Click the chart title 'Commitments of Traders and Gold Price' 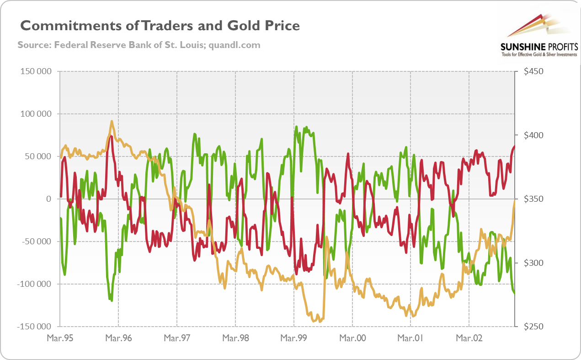[160, 26]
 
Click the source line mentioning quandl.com [139, 45]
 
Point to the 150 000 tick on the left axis [34, 71]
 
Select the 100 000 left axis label [34, 114]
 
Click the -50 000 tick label [34, 242]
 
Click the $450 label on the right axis [533, 71]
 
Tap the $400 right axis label [533, 135]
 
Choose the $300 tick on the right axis [533, 263]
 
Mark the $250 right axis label [533, 327]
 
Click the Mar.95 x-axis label [60, 339]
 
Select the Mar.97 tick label [177, 339]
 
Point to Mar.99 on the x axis [294, 339]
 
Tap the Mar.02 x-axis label [469, 339]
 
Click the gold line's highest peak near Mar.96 [112, 122]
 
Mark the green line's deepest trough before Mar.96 [111, 300]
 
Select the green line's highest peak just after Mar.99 [297, 127]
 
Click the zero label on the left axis [48, 199]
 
